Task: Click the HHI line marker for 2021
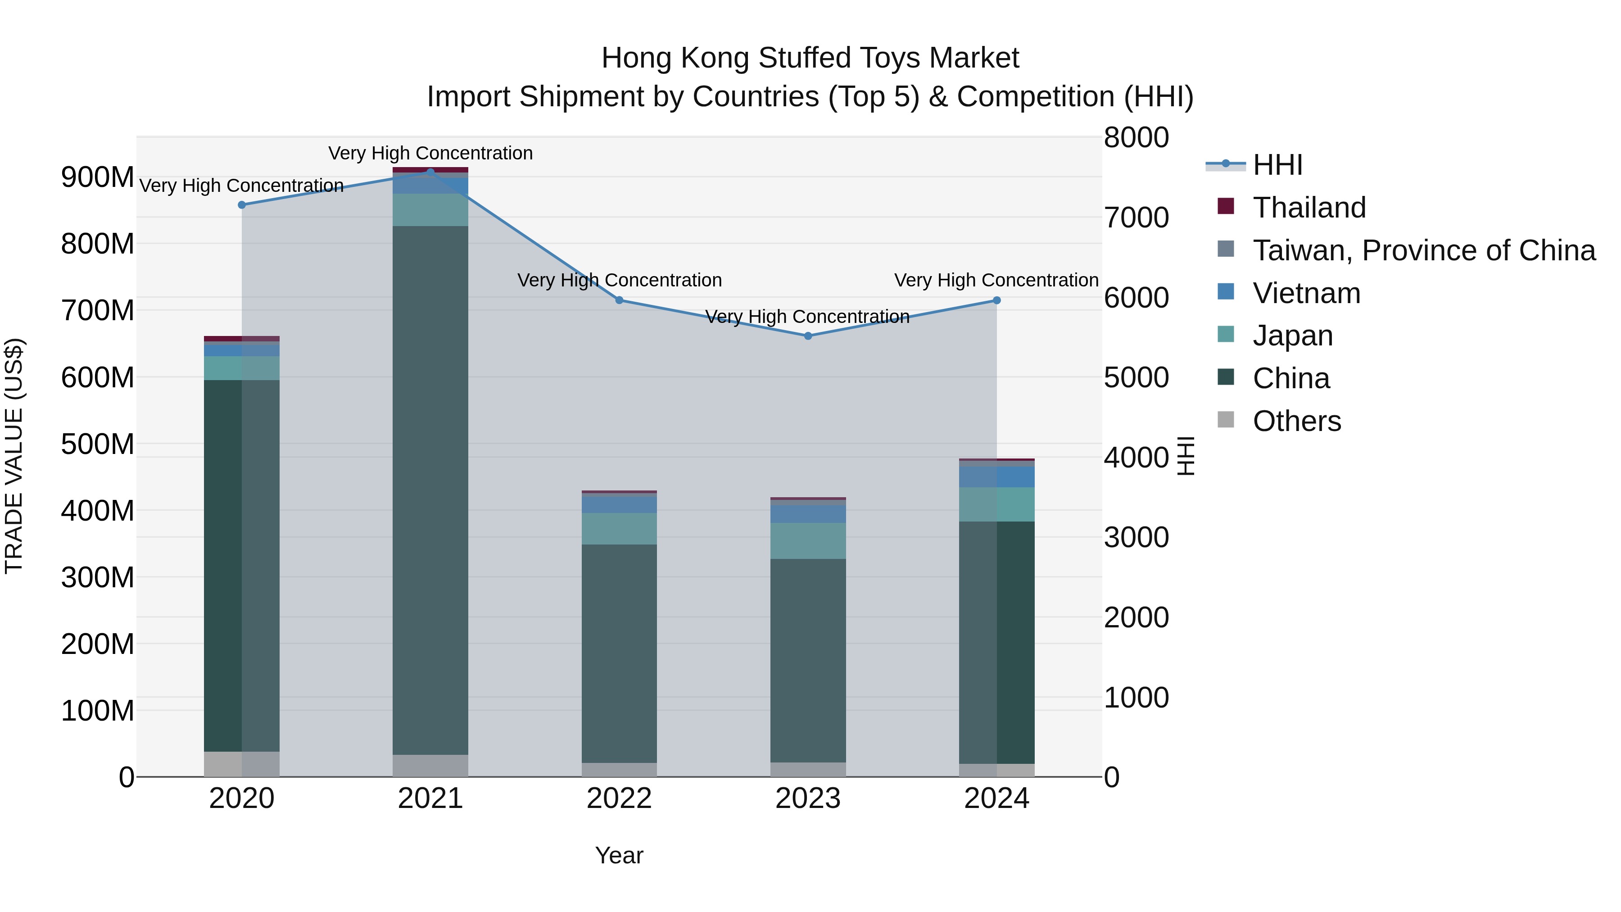click(430, 172)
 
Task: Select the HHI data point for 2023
click(808, 336)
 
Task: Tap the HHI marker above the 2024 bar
click(997, 300)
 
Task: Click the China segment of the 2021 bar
click(430, 491)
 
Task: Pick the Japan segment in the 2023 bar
click(808, 540)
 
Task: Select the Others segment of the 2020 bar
click(242, 764)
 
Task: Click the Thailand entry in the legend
click(1309, 208)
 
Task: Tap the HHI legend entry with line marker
click(1277, 165)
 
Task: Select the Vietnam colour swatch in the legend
click(1226, 292)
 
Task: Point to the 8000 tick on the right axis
click(1137, 138)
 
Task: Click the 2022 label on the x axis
click(619, 799)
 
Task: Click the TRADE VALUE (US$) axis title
click(14, 456)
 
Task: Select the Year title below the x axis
click(619, 855)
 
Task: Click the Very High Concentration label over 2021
click(430, 153)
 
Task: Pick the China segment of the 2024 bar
click(997, 642)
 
